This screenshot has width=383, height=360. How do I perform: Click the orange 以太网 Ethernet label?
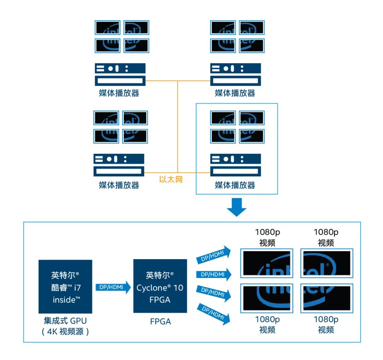tap(171, 179)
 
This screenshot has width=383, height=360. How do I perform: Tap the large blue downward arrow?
tap(237, 207)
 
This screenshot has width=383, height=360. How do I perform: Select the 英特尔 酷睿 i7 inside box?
tap(65, 287)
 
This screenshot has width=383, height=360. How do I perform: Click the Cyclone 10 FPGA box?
tap(160, 286)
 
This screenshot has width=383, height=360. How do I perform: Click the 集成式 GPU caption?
tap(65, 321)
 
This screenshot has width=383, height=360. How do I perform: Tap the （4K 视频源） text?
tap(65, 332)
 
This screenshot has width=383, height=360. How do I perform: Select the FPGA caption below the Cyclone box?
tap(160, 322)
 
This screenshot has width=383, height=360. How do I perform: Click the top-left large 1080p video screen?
tap(267, 263)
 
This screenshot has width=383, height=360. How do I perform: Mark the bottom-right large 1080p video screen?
tap(327, 298)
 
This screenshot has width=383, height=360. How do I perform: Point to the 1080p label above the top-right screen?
tap(326, 232)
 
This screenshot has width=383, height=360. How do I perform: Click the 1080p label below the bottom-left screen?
tap(267, 320)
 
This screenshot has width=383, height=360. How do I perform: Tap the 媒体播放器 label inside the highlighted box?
tap(235, 185)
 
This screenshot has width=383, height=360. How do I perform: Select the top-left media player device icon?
tap(120, 74)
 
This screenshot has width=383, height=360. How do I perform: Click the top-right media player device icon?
tap(235, 74)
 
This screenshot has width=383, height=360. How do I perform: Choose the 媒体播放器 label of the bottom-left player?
tap(119, 185)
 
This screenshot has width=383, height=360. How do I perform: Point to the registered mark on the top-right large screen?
tap(327, 265)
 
